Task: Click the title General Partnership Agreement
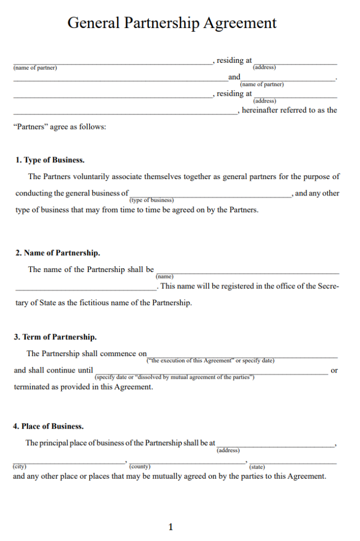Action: (172, 23)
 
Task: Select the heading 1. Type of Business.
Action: (50, 160)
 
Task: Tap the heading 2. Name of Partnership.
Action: (58, 253)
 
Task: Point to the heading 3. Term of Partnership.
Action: (55, 337)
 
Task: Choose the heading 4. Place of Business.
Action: (49, 426)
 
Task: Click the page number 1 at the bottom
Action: (170, 527)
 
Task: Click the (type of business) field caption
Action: (151, 200)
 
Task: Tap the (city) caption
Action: (20, 467)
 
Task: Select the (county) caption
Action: (140, 467)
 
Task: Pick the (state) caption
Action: (257, 467)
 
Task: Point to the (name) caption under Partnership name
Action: (165, 276)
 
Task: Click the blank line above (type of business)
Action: (210, 196)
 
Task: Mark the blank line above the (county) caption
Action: (187, 463)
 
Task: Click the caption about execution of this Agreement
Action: (210, 361)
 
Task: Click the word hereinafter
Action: (260, 110)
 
